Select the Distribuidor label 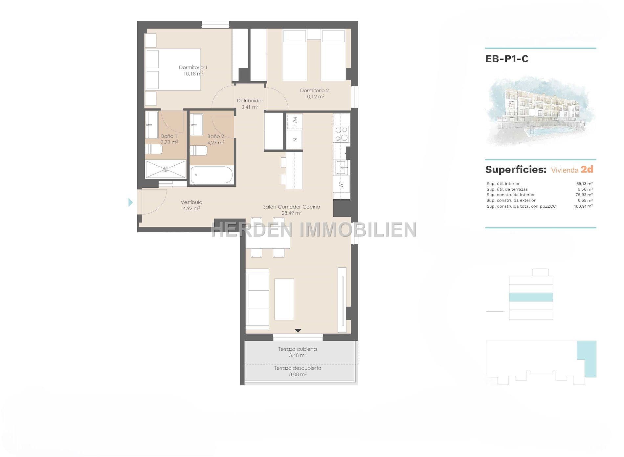[250, 101]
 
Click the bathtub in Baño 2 [212, 175]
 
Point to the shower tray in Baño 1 [166, 169]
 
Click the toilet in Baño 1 [154, 150]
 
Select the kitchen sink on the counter [342, 167]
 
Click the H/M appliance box [295, 122]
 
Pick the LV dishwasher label [342, 184]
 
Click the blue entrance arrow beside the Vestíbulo [131, 202]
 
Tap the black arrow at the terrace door [298, 331]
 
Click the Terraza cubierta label [298, 349]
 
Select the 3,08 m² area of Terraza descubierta [298, 374]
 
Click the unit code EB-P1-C [507, 59]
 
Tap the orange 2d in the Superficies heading [587, 169]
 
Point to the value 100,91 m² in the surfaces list [583, 206]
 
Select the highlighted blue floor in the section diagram [531, 297]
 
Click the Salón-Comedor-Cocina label [291, 207]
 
